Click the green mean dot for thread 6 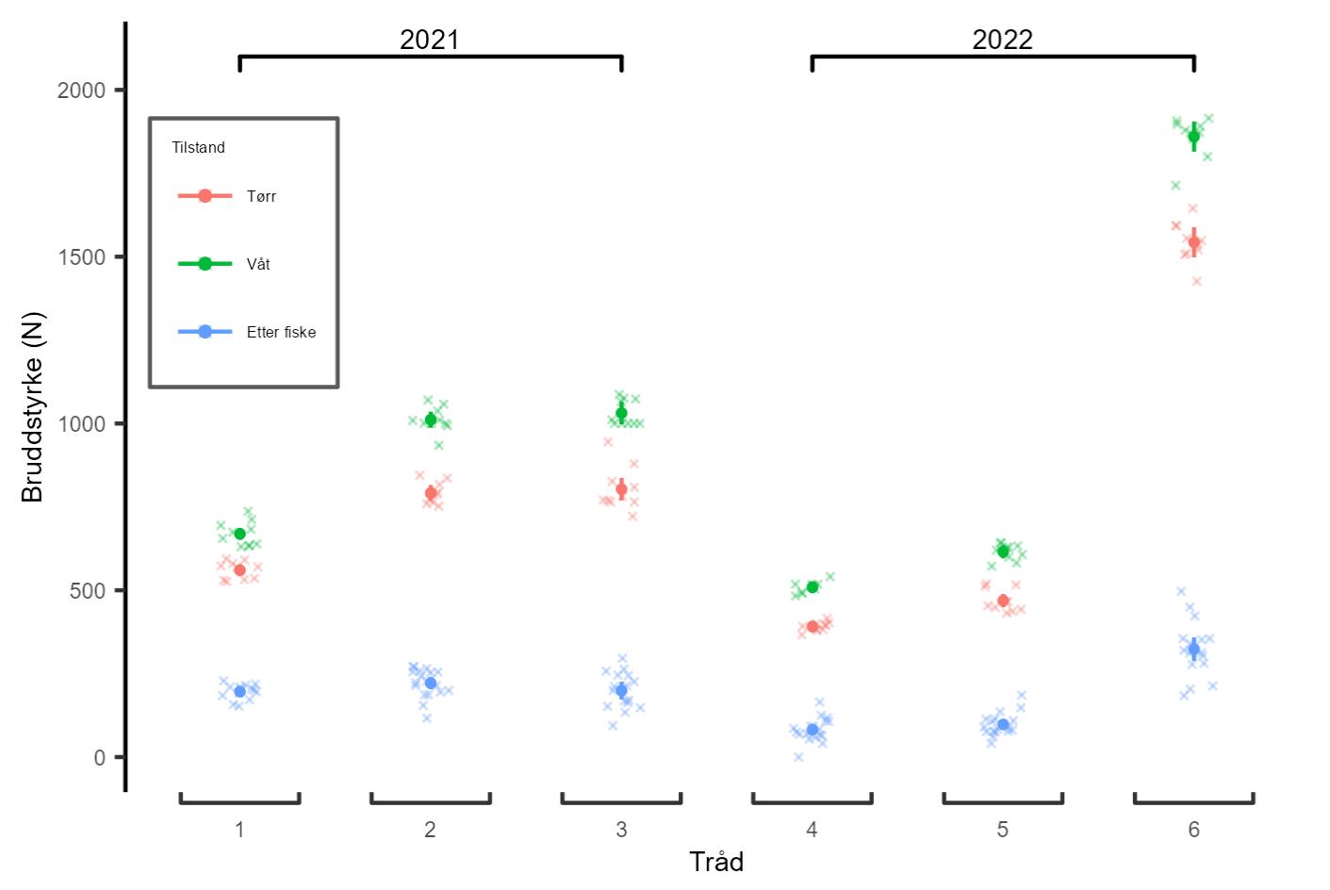click(1193, 137)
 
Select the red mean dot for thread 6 click(1193, 242)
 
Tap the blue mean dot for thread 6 click(1193, 649)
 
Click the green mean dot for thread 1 click(239, 534)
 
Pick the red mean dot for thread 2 click(431, 493)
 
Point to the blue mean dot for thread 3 click(621, 690)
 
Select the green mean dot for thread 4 click(813, 586)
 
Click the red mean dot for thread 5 click(1003, 601)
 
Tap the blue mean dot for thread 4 click(813, 730)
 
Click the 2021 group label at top click(430, 40)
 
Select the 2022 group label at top click(1002, 40)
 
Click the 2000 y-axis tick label click(81, 91)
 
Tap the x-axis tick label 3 click(621, 830)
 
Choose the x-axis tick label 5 click(1003, 830)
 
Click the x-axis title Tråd click(716, 862)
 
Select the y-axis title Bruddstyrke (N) click(33, 407)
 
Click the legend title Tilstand click(198, 147)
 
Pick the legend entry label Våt click(258, 264)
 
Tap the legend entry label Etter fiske click(281, 332)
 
